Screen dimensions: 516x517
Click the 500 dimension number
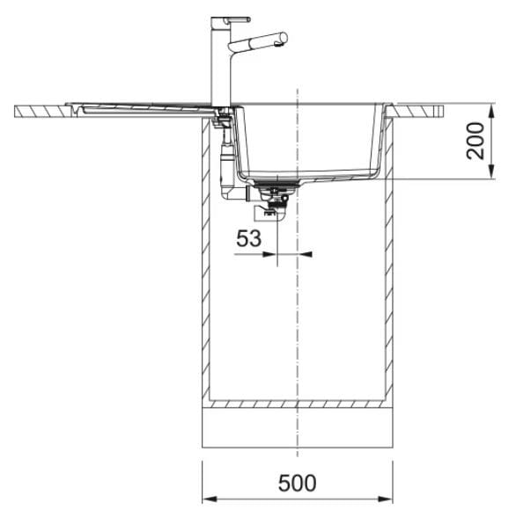coord(297,483)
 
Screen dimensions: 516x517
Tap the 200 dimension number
coord(475,141)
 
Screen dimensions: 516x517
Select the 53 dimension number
coord(248,238)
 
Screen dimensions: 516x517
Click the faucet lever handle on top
coord(237,19)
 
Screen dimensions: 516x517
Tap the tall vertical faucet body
coord(220,62)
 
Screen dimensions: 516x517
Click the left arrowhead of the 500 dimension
coord(210,499)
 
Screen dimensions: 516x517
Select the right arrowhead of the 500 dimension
coord(386,499)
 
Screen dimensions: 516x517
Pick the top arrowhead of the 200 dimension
coord(491,111)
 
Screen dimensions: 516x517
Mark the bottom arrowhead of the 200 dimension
coord(491,171)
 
